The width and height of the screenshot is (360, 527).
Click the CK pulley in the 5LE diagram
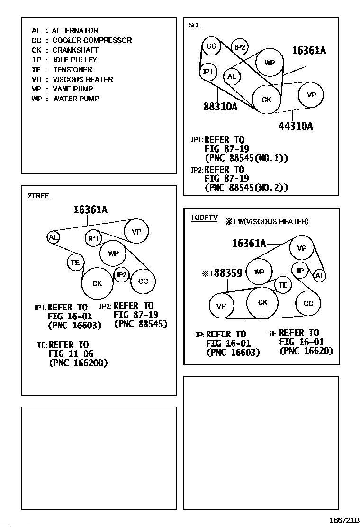[267, 100]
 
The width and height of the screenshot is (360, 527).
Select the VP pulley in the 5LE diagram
[311, 95]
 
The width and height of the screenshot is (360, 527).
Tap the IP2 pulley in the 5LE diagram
[240, 47]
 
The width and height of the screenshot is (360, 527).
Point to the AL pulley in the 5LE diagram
[232, 77]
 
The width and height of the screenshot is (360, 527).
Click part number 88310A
[220, 107]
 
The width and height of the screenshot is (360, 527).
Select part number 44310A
[296, 126]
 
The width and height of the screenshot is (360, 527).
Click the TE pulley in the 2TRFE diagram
[75, 262]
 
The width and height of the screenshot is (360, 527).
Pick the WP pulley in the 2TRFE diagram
[113, 253]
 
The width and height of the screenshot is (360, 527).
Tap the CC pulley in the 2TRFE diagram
[143, 282]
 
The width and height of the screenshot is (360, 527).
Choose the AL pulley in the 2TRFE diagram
[54, 237]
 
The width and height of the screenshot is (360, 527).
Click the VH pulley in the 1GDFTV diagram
[221, 306]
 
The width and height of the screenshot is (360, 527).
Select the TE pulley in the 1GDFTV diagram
[283, 285]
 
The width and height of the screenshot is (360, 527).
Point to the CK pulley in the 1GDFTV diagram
[263, 302]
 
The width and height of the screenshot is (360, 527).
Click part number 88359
[228, 273]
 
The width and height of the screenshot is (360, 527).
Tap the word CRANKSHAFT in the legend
[76, 50]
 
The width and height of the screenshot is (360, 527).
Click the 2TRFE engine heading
[38, 196]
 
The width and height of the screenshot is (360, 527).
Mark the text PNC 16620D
[78, 363]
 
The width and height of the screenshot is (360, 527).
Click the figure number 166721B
[342, 519]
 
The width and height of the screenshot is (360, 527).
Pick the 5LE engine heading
[194, 25]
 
